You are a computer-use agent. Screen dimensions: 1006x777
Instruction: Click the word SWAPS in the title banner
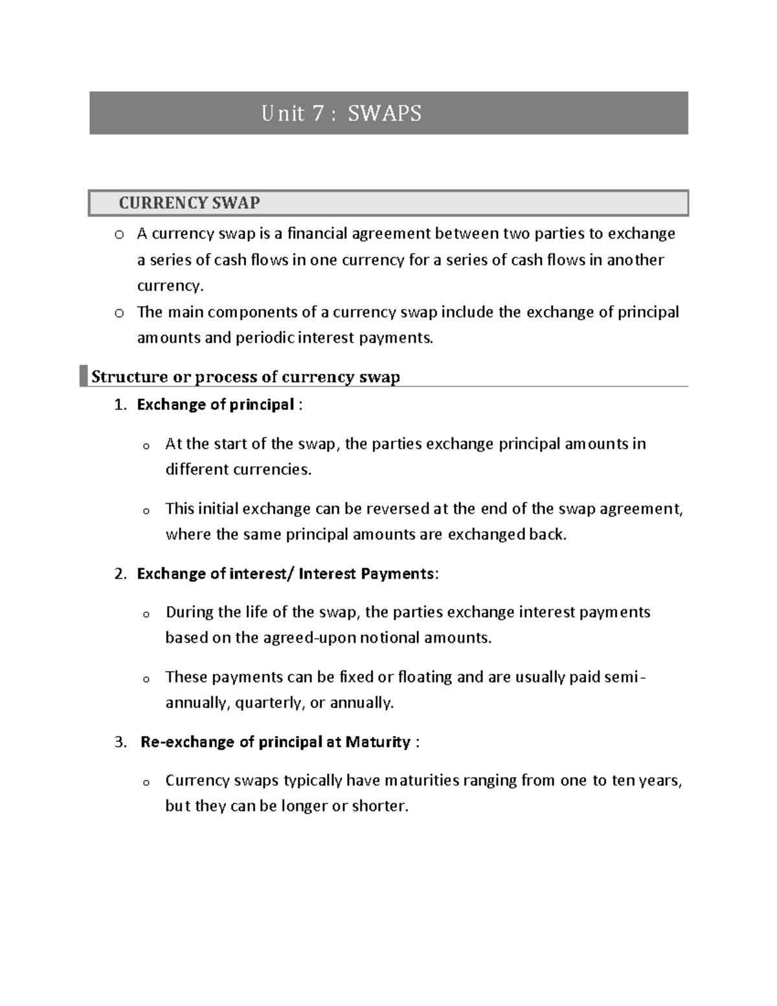pyautogui.click(x=385, y=113)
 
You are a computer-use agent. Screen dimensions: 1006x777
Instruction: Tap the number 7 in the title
pyautogui.click(x=317, y=113)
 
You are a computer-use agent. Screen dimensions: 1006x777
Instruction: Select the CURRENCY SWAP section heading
pyautogui.click(x=189, y=203)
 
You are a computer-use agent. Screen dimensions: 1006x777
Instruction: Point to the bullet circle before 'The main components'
pyautogui.click(x=118, y=314)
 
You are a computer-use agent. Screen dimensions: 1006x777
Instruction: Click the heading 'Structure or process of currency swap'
pyautogui.click(x=245, y=377)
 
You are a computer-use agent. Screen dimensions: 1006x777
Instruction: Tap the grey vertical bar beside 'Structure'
pyautogui.click(x=83, y=376)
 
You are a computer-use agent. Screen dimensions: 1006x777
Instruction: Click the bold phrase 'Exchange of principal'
pyautogui.click(x=216, y=405)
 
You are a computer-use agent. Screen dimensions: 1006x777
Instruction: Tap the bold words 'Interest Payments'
pyautogui.click(x=366, y=574)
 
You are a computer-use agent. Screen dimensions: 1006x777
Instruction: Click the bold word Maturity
pyautogui.click(x=377, y=742)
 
